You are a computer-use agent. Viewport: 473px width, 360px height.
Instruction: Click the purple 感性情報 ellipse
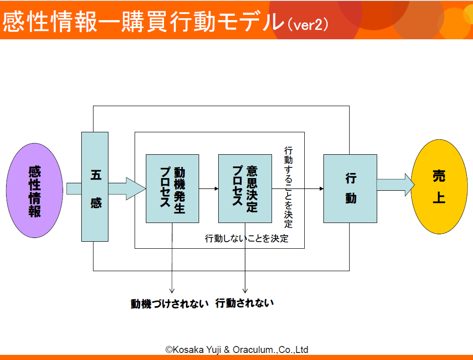pyautogui.click(x=35, y=190)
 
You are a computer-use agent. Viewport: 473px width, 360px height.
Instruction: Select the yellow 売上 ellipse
pyautogui.click(x=439, y=187)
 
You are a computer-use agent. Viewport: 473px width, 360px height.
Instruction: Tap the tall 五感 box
pyautogui.click(x=95, y=187)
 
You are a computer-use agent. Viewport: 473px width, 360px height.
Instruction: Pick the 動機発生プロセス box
pyautogui.click(x=172, y=188)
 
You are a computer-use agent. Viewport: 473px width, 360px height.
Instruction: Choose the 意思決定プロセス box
pyautogui.click(x=245, y=188)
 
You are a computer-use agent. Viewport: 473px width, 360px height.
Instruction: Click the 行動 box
pyautogui.click(x=350, y=188)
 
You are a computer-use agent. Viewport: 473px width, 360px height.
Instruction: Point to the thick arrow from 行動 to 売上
pyautogui.click(x=396, y=184)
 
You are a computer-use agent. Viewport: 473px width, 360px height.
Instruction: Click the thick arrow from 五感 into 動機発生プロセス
pyautogui.click(x=127, y=188)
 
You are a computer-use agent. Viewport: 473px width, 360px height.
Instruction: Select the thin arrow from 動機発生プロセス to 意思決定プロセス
pyautogui.click(x=209, y=188)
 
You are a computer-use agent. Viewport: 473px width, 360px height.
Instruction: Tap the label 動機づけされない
pyautogui.click(x=170, y=303)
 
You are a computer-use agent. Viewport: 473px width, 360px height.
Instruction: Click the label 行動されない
pyautogui.click(x=244, y=303)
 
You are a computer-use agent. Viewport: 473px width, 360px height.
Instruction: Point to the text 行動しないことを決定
pyautogui.click(x=246, y=238)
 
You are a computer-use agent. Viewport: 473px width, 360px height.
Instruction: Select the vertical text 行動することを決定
pyautogui.click(x=288, y=187)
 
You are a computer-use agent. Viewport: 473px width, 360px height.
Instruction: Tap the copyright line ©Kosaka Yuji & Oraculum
pyautogui.click(x=237, y=349)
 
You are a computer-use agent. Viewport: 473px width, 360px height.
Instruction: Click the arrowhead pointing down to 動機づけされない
pyautogui.click(x=172, y=291)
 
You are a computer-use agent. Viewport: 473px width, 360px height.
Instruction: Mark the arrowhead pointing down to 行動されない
pyautogui.click(x=245, y=291)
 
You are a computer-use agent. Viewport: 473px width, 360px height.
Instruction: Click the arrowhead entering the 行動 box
pyautogui.click(x=322, y=188)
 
